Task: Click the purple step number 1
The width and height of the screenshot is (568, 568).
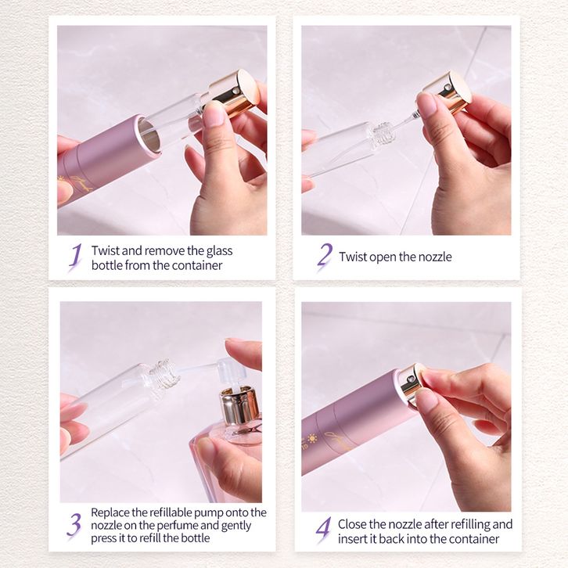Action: click(x=76, y=257)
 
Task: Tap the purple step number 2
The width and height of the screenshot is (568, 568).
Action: click(x=325, y=257)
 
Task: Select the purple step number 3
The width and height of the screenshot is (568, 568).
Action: click(x=74, y=525)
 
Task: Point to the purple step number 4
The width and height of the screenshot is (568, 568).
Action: click(x=323, y=530)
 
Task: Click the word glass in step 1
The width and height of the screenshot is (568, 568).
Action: click(x=220, y=251)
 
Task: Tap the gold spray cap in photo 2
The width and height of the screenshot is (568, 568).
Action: click(x=448, y=91)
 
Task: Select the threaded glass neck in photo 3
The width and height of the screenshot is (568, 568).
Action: click(x=164, y=374)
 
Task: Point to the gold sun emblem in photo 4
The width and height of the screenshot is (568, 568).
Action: click(x=312, y=439)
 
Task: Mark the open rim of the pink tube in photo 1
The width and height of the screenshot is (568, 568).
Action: click(x=149, y=135)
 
